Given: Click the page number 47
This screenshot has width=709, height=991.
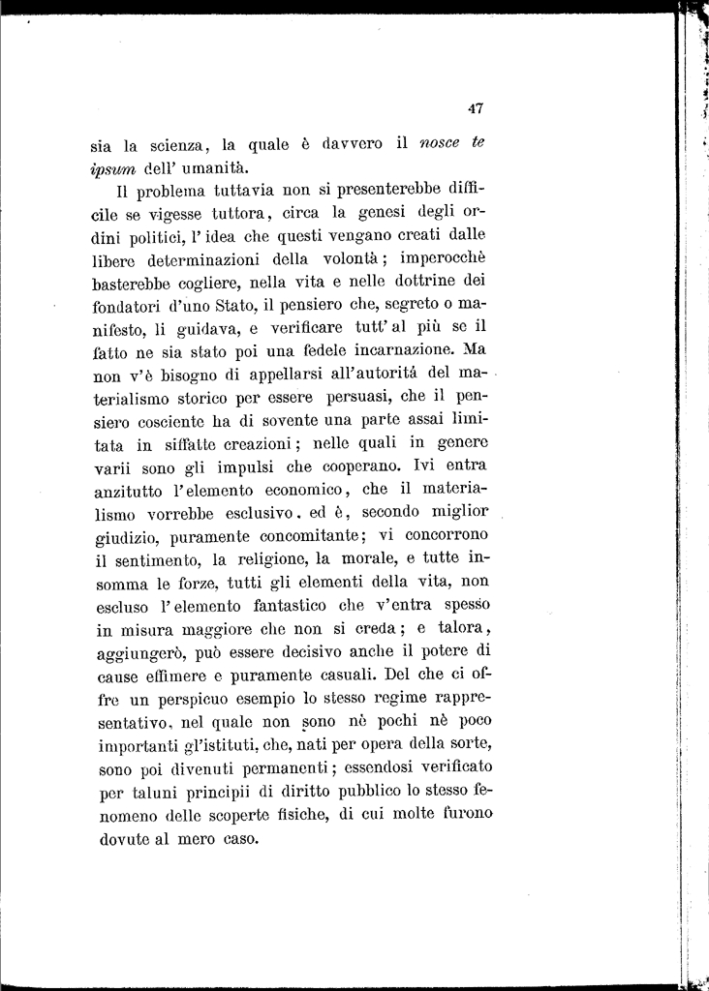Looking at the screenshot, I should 475,108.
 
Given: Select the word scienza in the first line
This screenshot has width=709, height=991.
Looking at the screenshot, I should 179,147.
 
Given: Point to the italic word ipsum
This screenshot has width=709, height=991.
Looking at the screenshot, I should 112,168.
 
